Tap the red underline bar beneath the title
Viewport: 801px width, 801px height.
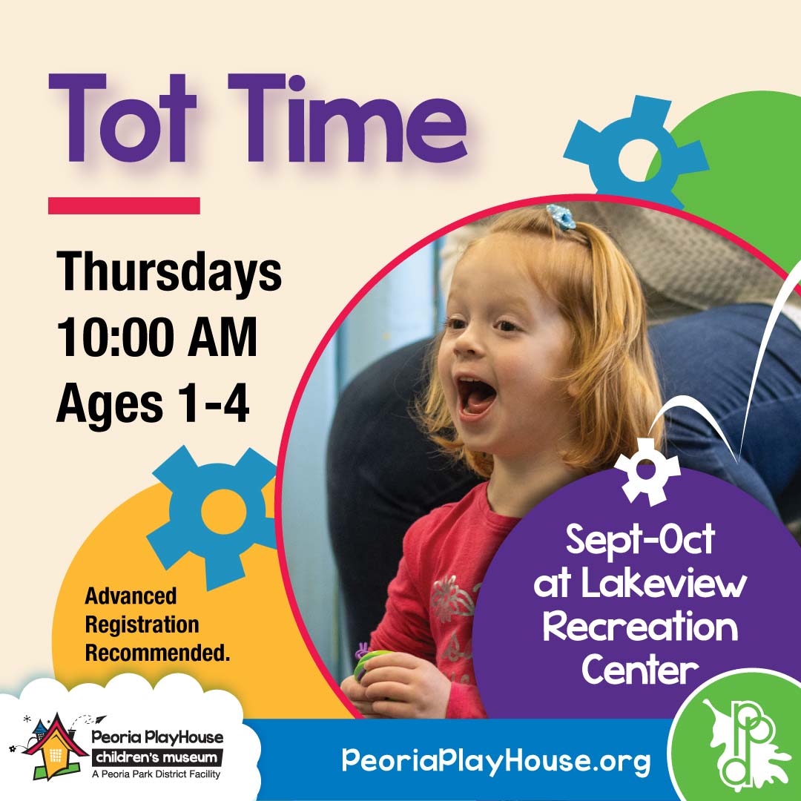124,205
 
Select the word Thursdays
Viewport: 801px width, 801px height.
169,271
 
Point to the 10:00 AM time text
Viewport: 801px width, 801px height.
156,337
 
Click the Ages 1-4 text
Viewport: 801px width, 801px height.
153,403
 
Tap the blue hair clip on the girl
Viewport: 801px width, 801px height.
561,217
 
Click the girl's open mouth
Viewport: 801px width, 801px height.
475,396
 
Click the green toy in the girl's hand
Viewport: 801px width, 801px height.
369,663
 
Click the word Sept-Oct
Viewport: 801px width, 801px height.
640,539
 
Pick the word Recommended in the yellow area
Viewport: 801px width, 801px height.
157,653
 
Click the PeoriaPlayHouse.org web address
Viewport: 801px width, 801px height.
496,761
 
